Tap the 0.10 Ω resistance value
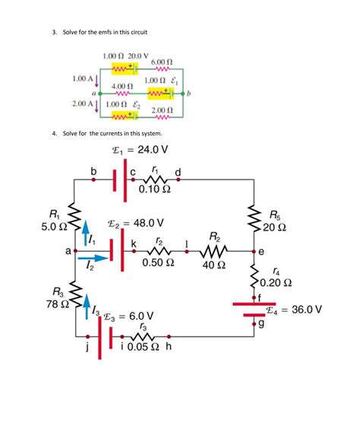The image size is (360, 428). (155, 189)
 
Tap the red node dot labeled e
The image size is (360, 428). (252, 251)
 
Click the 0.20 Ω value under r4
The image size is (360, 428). (276, 284)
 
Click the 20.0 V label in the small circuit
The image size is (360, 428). (137, 56)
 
